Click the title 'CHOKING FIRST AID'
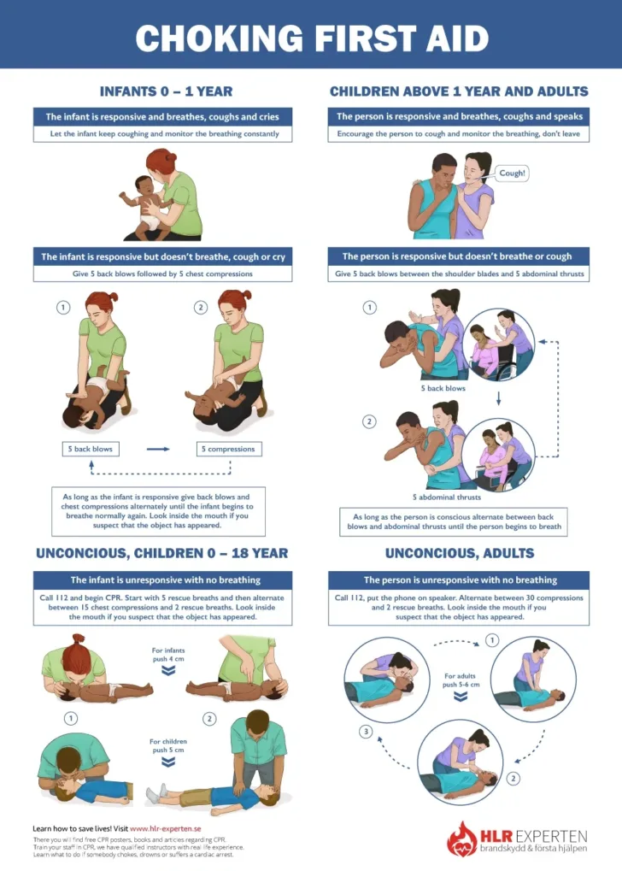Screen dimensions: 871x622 [311, 38]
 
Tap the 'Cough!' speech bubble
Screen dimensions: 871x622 [512, 173]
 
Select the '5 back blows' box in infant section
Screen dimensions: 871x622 [91, 449]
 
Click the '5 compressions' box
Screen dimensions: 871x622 [227, 449]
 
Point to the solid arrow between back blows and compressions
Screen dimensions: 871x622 [158, 449]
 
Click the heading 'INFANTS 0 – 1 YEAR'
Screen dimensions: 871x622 [166, 91]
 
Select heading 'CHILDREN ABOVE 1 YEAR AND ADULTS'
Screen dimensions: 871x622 [459, 91]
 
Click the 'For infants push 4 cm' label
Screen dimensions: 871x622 [169, 655]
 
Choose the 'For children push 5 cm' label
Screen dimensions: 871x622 [168, 745]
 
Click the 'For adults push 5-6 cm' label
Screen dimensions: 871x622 [461, 680]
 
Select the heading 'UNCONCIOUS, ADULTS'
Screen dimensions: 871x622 [459, 553]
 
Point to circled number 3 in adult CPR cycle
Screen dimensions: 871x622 [366, 732]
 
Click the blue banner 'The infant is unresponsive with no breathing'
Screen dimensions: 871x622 [161, 580]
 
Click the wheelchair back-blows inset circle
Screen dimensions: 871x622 [502, 343]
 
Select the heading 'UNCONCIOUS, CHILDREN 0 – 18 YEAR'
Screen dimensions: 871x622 [161, 553]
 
